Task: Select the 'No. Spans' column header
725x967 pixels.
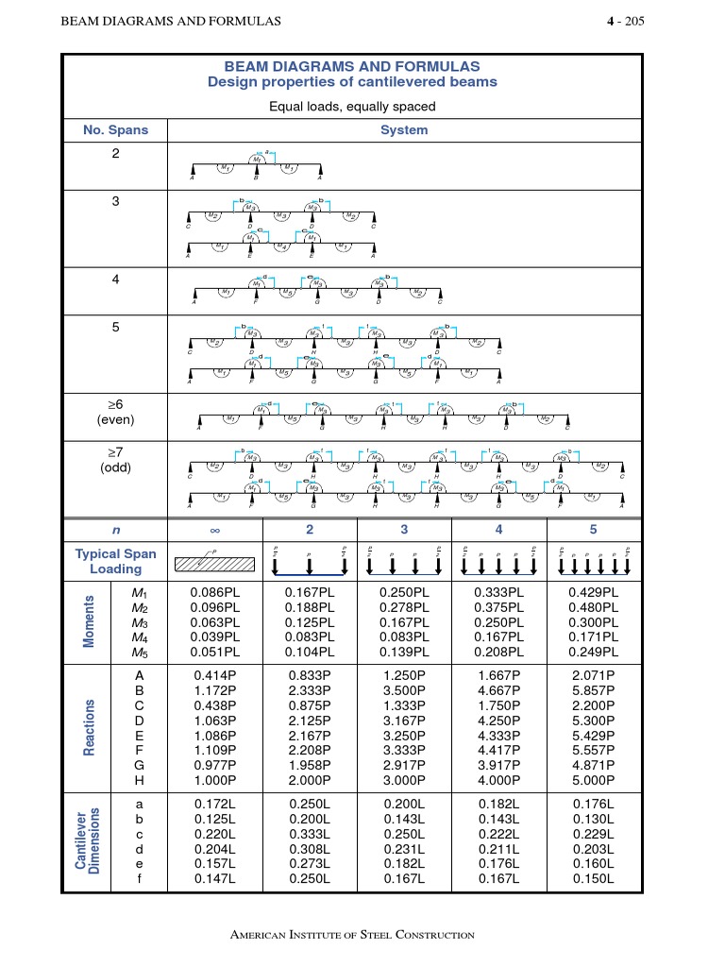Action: tap(114, 130)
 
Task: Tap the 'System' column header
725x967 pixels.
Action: tap(404, 130)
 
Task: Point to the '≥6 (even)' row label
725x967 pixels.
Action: tap(115, 413)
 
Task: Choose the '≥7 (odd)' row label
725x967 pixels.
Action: tap(115, 460)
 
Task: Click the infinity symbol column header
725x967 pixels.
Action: tap(214, 529)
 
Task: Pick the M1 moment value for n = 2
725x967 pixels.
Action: tap(309, 592)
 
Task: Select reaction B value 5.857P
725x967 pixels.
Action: tap(593, 690)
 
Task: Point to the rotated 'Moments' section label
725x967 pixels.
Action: tap(91, 621)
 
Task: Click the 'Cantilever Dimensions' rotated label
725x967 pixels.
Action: tap(86, 840)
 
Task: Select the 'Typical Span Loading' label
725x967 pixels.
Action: tap(115, 561)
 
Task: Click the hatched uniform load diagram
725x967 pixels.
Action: tap(214, 564)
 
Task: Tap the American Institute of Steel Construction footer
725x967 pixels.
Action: tap(352, 935)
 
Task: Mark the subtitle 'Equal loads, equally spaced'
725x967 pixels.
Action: tap(352, 107)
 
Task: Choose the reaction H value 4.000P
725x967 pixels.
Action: tap(498, 781)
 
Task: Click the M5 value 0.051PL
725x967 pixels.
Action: tap(214, 653)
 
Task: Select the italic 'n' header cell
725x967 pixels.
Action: tap(114, 529)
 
